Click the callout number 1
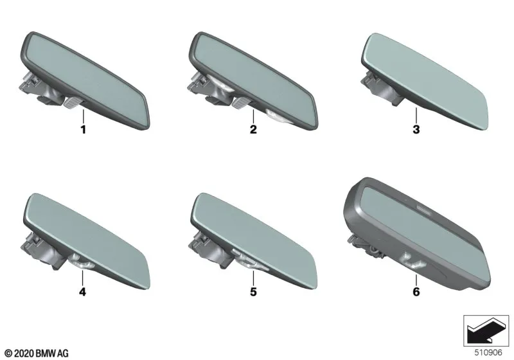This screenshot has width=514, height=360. click(84, 129)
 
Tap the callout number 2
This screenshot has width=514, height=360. click(253, 129)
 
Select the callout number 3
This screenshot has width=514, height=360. click(416, 129)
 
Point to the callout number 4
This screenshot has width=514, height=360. click(83, 291)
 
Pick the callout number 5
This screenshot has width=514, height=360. click(253, 291)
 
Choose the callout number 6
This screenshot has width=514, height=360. click(416, 291)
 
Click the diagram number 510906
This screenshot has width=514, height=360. click(488, 352)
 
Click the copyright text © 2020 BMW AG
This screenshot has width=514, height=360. click(37, 354)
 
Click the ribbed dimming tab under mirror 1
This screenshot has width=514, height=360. click(72, 103)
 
